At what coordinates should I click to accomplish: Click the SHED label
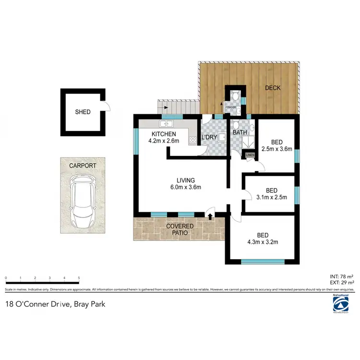[83, 112]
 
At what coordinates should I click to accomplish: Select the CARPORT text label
[82, 166]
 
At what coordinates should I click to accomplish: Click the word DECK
[273, 88]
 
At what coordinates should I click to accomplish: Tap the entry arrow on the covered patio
[210, 216]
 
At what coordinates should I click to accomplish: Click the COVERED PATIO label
[180, 229]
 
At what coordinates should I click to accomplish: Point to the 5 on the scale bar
[79, 278]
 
